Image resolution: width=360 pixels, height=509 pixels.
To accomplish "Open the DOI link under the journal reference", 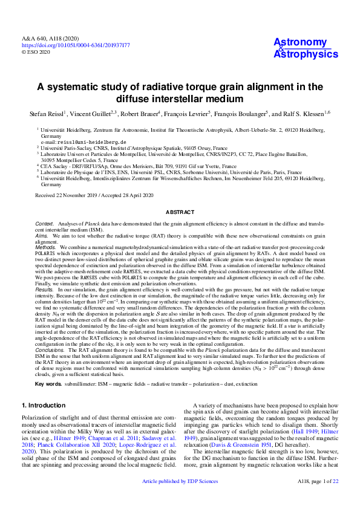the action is (x=76, y=45).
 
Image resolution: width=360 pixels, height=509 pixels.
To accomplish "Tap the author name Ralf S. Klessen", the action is (x=304, y=112).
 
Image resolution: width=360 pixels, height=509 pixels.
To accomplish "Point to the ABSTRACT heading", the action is (x=180, y=212).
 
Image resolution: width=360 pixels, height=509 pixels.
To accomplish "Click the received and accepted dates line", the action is (x=94, y=195).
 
